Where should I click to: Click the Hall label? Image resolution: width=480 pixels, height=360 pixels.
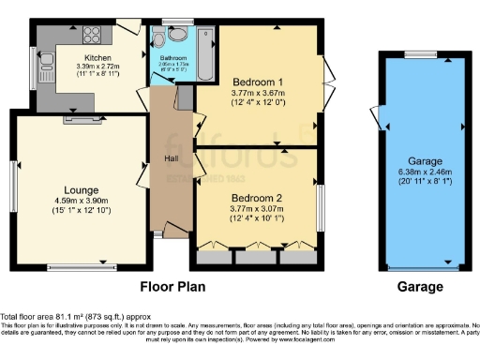pos(172,157)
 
